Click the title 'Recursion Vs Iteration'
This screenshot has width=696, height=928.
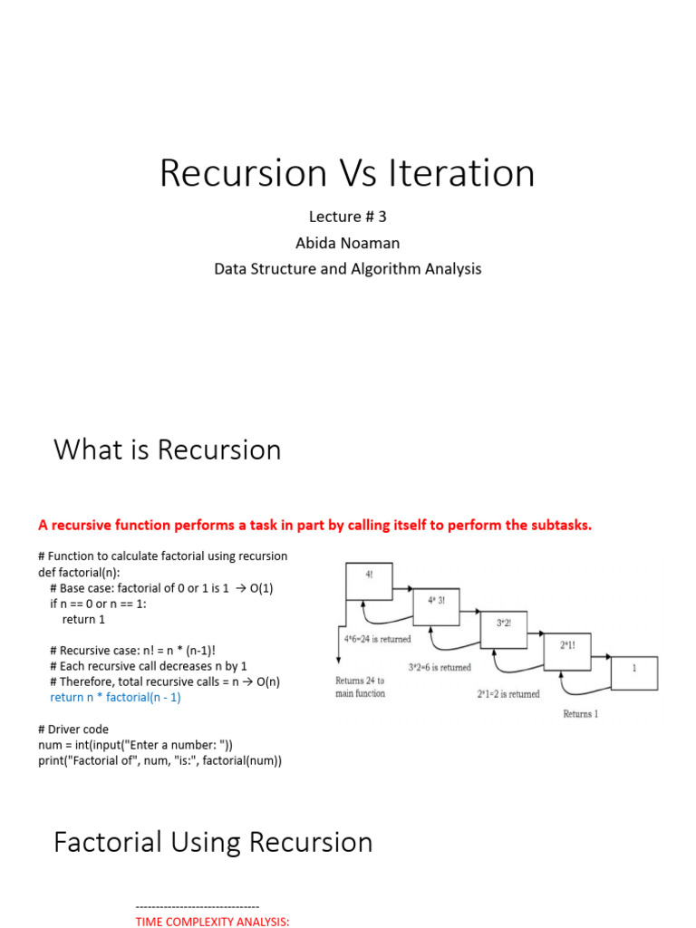(x=347, y=173)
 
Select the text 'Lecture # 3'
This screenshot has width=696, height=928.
(x=347, y=217)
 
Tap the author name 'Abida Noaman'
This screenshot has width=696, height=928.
(x=347, y=242)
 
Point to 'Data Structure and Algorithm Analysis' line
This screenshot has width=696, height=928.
(x=347, y=268)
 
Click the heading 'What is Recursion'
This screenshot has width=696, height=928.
(x=168, y=449)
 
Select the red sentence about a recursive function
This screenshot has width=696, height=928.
(x=314, y=525)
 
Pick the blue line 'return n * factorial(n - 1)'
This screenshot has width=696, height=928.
(x=121, y=697)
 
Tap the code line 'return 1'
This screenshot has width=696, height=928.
(x=83, y=619)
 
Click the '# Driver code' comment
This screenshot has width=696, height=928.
(x=73, y=729)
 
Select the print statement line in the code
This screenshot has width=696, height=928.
(x=159, y=760)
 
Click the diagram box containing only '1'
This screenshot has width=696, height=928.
(x=633, y=672)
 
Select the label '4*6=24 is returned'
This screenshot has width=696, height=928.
(x=377, y=639)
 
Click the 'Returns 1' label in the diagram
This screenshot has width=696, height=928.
(x=580, y=714)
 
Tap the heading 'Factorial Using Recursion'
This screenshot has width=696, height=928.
(x=213, y=842)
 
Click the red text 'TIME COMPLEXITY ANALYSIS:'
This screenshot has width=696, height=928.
(x=212, y=922)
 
